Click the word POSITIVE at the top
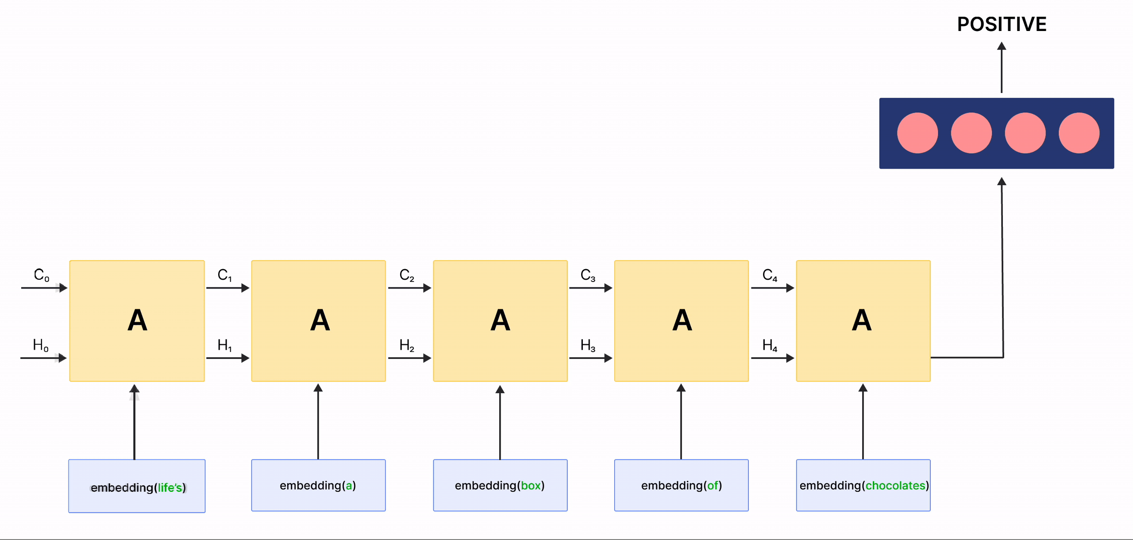(1002, 24)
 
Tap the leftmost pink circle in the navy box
(917, 133)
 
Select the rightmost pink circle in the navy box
(1079, 133)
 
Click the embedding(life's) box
(137, 486)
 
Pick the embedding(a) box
(318, 485)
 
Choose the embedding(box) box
(500, 485)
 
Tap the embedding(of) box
(681, 485)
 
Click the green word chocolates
(895, 486)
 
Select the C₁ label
(224, 275)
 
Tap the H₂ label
(407, 345)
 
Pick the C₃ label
(588, 275)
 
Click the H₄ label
(770, 345)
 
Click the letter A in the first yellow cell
(137, 320)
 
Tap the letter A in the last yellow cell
(862, 320)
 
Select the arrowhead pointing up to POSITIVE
(1002, 46)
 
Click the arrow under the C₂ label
(409, 288)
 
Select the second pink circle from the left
(971, 133)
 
